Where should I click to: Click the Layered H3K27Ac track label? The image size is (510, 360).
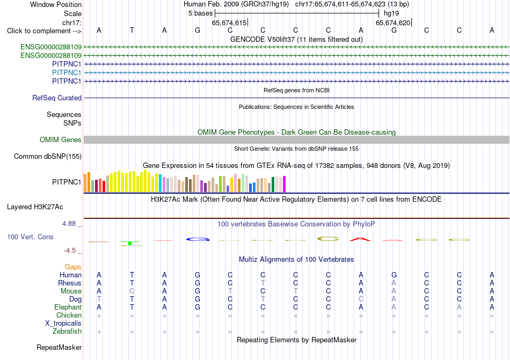35,207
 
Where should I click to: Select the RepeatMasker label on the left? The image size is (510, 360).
59,347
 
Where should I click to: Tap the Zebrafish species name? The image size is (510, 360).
67,332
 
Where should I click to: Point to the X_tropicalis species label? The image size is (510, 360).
63,324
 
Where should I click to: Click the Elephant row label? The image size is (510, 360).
68,307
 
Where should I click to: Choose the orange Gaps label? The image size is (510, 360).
73,267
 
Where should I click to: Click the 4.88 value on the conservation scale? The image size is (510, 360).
69,224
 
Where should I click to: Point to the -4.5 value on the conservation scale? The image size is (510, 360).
70,250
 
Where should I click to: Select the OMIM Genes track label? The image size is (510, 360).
60,139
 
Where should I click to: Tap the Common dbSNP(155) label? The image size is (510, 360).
47,156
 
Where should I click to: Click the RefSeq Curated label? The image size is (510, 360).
57,98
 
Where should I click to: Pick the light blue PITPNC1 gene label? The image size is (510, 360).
67,72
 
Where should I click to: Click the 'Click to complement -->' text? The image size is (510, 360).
44,31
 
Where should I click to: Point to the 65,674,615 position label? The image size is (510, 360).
229,23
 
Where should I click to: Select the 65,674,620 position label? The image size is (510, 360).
393,23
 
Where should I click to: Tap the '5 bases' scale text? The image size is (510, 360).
200,13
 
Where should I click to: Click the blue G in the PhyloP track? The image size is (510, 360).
198,239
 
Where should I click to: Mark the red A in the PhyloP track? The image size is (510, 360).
360,239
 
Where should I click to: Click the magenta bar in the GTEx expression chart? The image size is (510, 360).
285,184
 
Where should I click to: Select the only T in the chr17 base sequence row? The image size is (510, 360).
132,30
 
